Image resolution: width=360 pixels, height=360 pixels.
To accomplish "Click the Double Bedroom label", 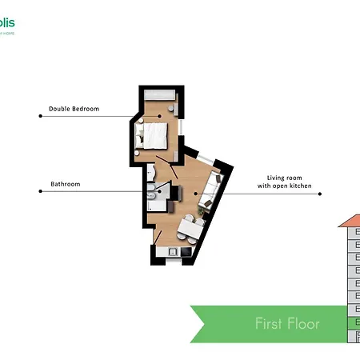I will pyautogui.click(x=74, y=109).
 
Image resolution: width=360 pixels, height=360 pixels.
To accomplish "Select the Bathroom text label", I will pyautogui.click(x=65, y=184).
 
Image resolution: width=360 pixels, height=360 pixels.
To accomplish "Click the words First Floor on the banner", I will pyautogui.click(x=287, y=324).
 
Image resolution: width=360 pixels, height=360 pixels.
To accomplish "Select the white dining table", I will pyautogui.click(x=190, y=230).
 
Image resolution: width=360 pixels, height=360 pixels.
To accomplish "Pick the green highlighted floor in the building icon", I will pyautogui.click(x=353, y=324).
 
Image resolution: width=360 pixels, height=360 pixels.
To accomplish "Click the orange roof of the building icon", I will pyautogui.click(x=350, y=220).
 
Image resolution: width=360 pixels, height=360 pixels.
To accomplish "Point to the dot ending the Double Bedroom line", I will pyautogui.click(x=40, y=116).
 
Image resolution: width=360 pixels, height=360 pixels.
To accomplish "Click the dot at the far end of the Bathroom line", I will pyautogui.click(x=40, y=191).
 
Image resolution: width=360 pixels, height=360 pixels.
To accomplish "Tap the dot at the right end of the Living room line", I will pyautogui.click(x=320, y=194).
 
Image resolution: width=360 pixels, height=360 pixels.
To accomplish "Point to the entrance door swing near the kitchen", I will pyautogui.click(x=160, y=236).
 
